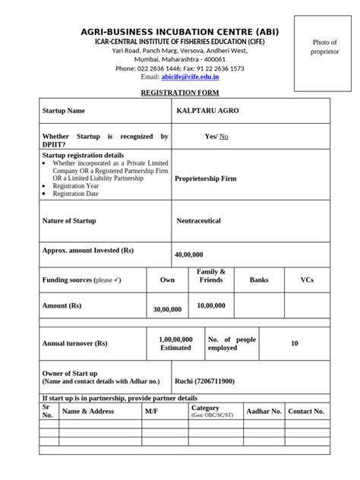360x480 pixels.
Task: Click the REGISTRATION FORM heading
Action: point(179,93)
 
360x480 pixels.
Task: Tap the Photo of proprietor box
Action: point(323,48)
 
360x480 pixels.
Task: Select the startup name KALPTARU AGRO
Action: point(207,111)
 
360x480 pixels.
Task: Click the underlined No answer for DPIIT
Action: point(224,137)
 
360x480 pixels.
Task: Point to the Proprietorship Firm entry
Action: point(205,179)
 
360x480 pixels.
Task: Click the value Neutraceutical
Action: point(198,221)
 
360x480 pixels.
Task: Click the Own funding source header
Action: point(167,280)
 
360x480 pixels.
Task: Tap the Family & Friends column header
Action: point(210,276)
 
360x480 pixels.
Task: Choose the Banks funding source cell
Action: point(259,280)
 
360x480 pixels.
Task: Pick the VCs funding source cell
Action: point(306,280)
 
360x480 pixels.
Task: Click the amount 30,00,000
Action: point(167,310)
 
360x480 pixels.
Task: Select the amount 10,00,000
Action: point(210,305)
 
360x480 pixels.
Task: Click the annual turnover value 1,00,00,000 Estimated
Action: point(175,343)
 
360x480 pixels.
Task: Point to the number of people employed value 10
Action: point(295,344)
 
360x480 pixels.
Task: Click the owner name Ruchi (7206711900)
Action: point(204,381)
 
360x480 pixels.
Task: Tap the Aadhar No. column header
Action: point(266,412)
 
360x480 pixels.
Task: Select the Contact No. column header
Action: point(306,412)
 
